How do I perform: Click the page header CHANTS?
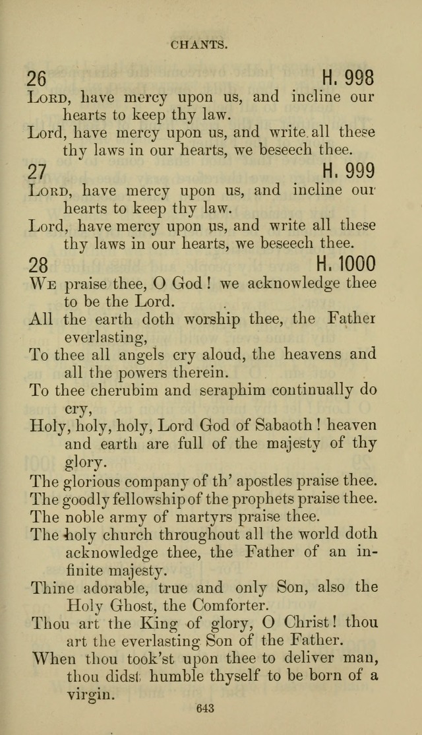[199, 46]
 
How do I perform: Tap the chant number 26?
[37, 79]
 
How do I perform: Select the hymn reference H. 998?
[348, 79]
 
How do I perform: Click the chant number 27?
[37, 172]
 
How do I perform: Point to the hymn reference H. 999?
[348, 172]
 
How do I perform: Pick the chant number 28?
[38, 265]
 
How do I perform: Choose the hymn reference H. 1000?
[346, 265]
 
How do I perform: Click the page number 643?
[205, 709]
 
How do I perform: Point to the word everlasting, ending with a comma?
[105, 337]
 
